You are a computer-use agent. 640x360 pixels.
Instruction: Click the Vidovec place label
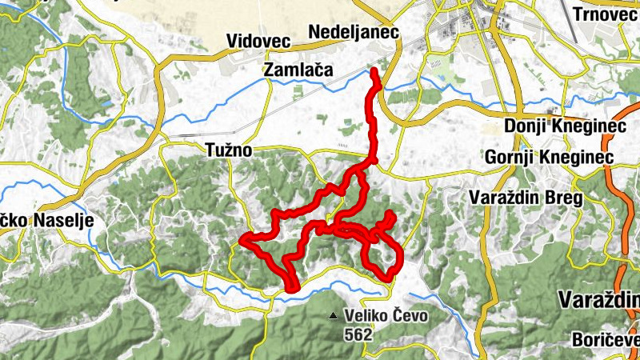pos(258,41)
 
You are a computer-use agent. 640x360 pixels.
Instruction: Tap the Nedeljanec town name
pos(353,32)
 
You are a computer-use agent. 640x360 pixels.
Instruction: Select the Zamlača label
pos(298,71)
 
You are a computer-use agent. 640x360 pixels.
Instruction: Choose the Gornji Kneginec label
pos(549,157)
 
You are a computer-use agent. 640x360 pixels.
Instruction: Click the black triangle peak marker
pos(332,316)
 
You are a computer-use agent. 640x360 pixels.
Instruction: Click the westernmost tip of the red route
pos(242,239)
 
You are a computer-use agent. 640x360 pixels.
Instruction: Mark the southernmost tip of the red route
pos(292,289)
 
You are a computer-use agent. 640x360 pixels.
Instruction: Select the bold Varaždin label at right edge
pos(599,300)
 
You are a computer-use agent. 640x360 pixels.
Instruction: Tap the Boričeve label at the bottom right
pos(606,340)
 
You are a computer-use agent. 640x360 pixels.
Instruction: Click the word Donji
pos(526,126)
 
